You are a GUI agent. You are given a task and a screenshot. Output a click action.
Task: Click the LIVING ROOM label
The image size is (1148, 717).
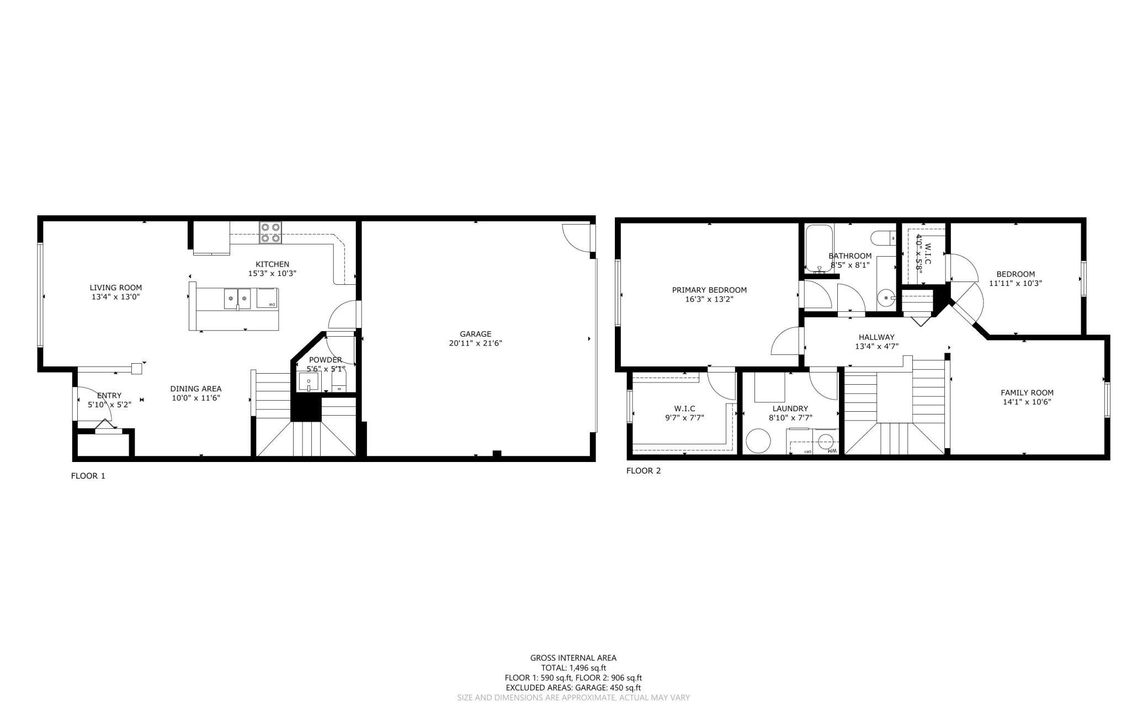pyautogui.click(x=116, y=288)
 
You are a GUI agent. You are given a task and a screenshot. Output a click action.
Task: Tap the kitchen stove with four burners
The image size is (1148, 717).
pyautogui.click(x=270, y=232)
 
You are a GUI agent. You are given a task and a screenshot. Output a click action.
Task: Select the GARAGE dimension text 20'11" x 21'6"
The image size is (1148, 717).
pyautogui.click(x=475, y=343)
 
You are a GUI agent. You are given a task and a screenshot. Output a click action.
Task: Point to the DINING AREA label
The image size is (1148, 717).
pyautogui.click(x=196, y=389)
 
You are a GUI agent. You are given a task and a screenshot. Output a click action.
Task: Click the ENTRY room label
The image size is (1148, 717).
pyautogui.click(x=109, y=395)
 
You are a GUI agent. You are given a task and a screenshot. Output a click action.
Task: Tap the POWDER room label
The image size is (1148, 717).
pyautogui.click(x=326, y=360)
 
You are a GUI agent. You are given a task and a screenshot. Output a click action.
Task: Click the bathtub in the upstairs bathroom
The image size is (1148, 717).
pyautogui.click(x=818, y=249)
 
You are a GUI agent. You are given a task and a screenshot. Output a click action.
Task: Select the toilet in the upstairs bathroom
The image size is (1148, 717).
pyautogui.click(x=883, y=238)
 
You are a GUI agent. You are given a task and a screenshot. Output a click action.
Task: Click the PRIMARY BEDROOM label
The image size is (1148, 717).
pyautogui.click(x=709, y=290)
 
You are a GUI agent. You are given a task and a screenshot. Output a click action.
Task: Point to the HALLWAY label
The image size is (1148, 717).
pyautogui.click(x=876, y=337)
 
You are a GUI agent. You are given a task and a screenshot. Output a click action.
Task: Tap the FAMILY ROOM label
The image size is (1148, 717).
pyautogui.click(x=1027, y=393)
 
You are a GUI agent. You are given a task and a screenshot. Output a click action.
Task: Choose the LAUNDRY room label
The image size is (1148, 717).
pyautogui.click(x=790, y=408)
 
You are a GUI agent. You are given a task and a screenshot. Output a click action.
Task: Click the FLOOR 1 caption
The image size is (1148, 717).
pyautogui.click(x=88, y=476)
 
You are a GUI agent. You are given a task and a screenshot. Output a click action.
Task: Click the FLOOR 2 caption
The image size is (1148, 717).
pyautogui.click(x=643, y=471)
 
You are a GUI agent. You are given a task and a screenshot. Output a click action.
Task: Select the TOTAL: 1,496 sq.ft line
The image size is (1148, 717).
pyautogui.click(x=573, y=668)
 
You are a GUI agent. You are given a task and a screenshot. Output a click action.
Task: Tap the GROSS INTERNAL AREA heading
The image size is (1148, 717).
pyautogui.click(x=573, y=658)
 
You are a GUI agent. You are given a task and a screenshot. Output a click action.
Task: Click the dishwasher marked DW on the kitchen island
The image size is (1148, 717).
pyautogui.click(x=267, y=298)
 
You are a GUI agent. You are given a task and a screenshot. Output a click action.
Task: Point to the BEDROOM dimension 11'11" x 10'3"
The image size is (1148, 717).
pyautogui.click(x=1016, y=283)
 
